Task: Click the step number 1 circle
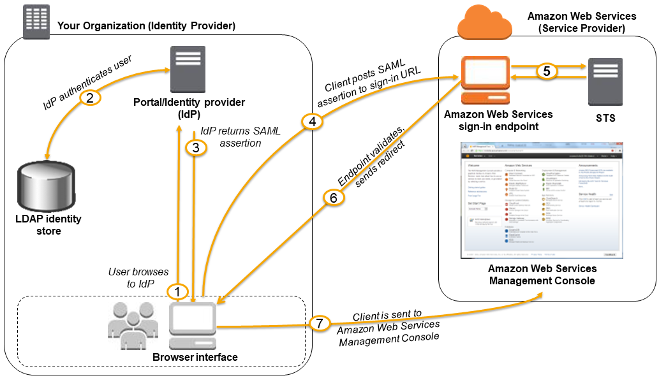(x=177, y=291)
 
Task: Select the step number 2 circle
(x=91, y=99)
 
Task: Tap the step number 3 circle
(x=196, y=147)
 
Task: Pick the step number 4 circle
(x=311, y=122)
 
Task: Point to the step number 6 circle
(x=333, y=198)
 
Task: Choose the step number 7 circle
(x=320, y=324)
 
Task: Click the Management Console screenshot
(x=542, y=205)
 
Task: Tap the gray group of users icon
(x=133, y=325)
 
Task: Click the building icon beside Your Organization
(x=36, y=22)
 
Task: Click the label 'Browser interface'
(x=195, y=358)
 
